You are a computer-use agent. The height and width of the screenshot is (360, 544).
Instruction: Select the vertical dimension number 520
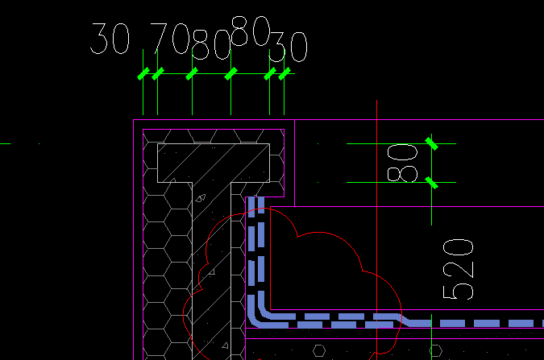click(x=457, y=269)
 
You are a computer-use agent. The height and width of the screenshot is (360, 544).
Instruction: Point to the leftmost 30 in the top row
click(x=110, y=38)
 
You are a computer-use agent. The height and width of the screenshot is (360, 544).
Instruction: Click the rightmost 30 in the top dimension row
click(x=288, y=48)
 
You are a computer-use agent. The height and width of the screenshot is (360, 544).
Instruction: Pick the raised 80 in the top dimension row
click(x=250, y=31)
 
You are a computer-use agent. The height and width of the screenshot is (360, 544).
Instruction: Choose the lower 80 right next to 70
click(x=211, y=47)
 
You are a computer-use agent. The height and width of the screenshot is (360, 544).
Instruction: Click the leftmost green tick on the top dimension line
click(x=143, y=74)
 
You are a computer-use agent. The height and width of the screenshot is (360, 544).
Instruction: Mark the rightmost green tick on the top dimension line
click(x=284, y=74)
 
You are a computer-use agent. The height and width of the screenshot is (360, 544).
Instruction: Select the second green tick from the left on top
click(x=157, y=74)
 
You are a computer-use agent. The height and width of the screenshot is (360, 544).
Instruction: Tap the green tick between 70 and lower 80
click(x=192, y=74)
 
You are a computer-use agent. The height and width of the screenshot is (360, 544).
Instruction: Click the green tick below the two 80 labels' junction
click(x=231, y=74)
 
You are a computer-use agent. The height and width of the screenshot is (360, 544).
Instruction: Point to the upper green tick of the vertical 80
click(x=432, y=143)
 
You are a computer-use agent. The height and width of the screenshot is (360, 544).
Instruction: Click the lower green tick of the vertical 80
click(x=432, y=183)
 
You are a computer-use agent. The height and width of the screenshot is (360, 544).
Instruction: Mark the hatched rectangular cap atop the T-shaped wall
click(x=214, y=162)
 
